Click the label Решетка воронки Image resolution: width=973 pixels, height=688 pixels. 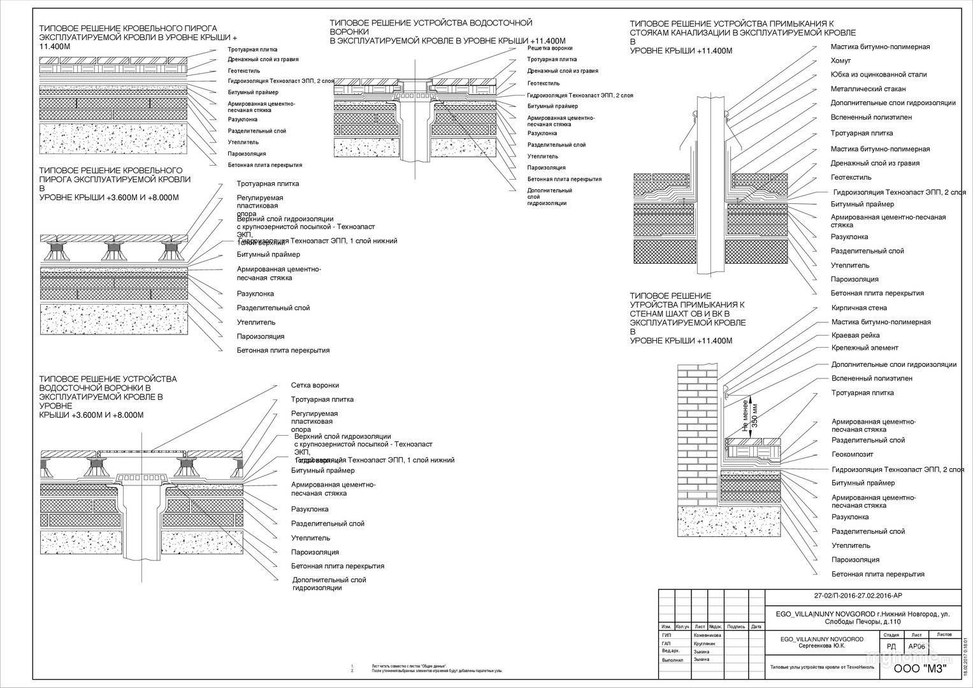[x=550, y=48]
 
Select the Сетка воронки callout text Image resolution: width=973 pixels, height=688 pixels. [x=315, y=385]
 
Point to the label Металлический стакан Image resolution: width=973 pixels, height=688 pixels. [x=868, y=89]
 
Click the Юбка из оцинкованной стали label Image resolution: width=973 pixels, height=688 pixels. [x=878, y=75]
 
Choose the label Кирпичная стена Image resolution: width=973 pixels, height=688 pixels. [x=859, y=308]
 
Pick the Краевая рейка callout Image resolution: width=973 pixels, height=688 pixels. [x=855, y=336]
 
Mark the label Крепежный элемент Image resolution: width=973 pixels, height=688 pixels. [x=865, y=348]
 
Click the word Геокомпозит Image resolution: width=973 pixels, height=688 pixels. [x=852, y=455]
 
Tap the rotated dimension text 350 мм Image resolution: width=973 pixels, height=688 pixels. [x=755, y=415]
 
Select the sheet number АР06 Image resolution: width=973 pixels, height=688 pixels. [x=917, y=646]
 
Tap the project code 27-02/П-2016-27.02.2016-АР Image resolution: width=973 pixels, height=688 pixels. [x=858, y=596]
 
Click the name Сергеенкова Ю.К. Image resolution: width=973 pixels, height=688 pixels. [x=822, y=646]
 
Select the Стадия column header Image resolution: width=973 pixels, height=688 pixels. [x=891, y=634]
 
